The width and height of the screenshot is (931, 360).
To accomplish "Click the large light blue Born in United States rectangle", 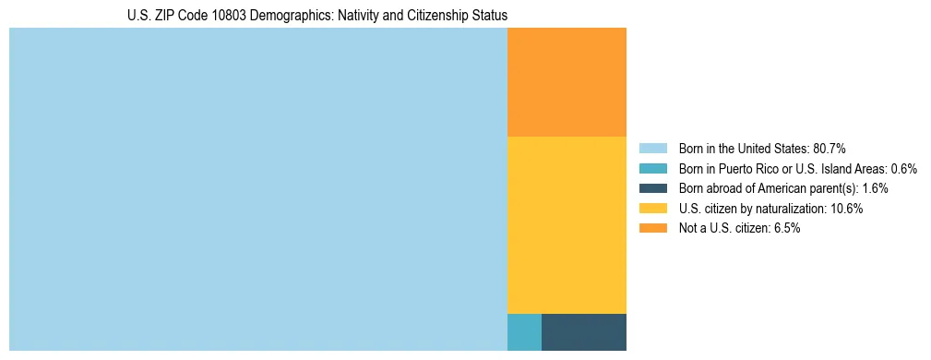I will [258, 189].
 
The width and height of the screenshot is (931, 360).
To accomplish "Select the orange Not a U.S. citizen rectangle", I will [567, 82].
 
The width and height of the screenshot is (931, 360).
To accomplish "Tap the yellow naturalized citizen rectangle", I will [567, 225].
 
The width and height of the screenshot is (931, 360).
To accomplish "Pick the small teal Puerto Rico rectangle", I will [524, 332].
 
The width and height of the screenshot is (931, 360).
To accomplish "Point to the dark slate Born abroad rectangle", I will [584, 332].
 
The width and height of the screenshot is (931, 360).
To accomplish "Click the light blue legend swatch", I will [652, 149].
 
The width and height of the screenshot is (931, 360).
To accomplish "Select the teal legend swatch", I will [652, 169].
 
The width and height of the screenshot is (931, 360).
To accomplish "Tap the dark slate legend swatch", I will [652, 188].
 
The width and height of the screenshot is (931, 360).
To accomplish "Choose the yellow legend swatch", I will [652, 209].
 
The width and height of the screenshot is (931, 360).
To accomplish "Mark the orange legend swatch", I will [652, 228].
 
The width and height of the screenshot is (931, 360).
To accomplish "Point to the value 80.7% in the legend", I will [830, 149].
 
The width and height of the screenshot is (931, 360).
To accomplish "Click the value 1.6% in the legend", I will [875, 188].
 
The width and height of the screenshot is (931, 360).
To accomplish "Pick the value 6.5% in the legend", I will [784, 228].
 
